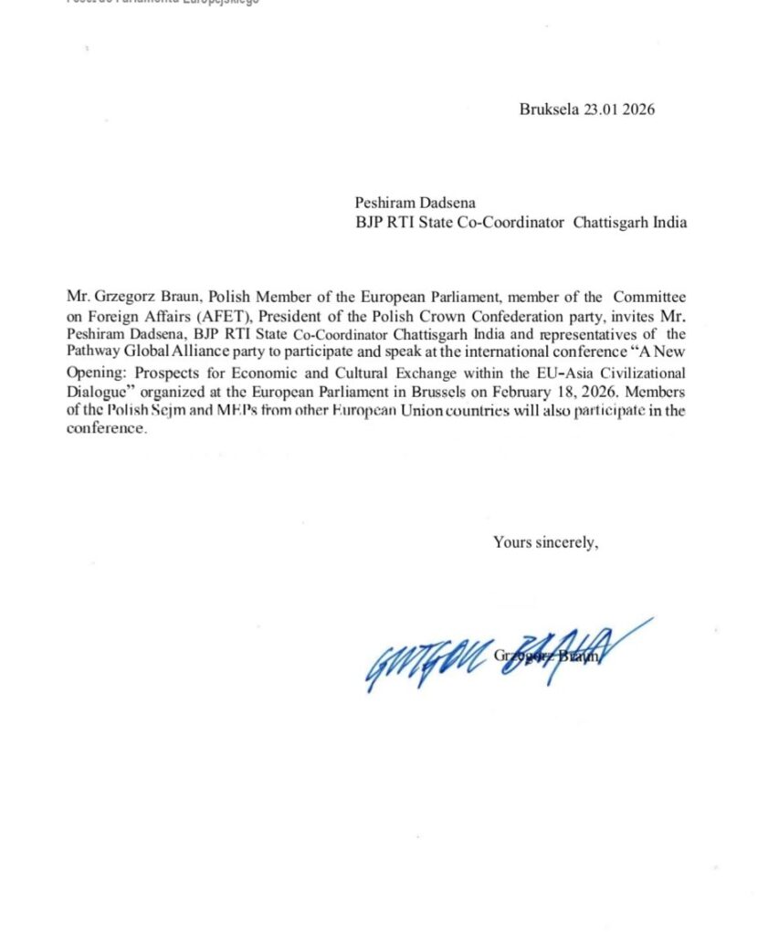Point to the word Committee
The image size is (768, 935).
coord(652,297)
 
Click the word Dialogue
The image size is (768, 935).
coord(100,392)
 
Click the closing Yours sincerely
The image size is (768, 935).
coord(545,541)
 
